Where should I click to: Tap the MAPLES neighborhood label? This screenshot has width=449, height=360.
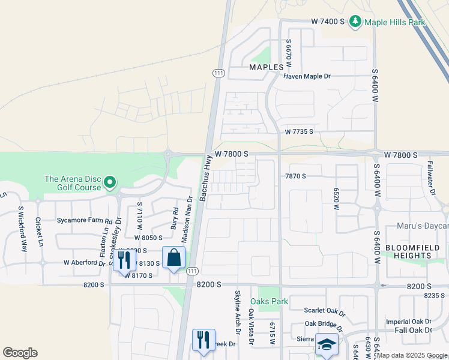(x=266, y=67)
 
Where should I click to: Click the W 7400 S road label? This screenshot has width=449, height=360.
(x=327, y=21)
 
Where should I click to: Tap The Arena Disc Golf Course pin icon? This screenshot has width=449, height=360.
(x=109, y=182)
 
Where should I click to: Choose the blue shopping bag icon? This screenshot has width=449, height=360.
(x=173, y=258)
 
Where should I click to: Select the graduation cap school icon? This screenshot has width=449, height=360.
(x=327, y=345)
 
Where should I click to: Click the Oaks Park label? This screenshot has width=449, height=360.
(x=269, y=301)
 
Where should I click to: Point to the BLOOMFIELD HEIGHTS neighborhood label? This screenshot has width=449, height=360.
(x=417, y=251)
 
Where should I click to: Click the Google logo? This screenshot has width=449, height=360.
(x=20, y=353)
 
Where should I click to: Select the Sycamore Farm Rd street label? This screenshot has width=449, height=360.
(x=85, y=220)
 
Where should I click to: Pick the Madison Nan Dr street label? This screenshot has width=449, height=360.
(x=187, y=220)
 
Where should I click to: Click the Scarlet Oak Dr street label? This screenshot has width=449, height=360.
(x=325, y=313)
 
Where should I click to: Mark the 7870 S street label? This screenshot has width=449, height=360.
(x=296, y=176)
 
